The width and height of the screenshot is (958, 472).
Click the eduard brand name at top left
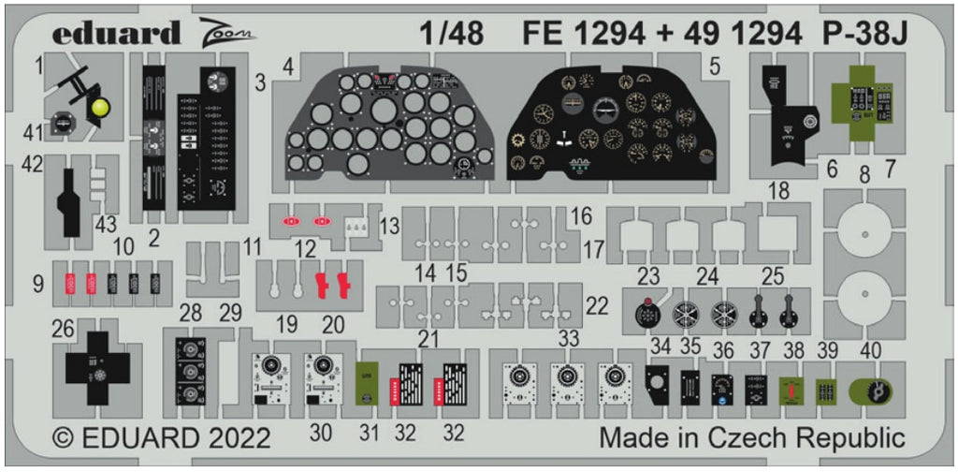116,34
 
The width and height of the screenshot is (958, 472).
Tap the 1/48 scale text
452,34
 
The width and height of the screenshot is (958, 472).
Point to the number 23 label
647,275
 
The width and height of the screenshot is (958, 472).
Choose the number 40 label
869,350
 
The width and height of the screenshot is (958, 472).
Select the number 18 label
777,192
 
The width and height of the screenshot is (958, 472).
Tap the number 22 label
595,304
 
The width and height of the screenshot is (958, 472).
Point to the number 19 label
286,324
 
